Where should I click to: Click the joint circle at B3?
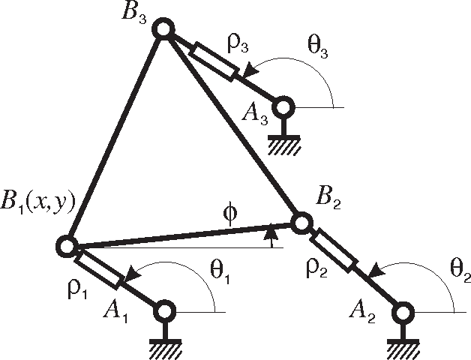click(x=164, y=30)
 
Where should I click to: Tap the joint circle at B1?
click(x=67, y=245)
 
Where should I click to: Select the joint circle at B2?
click(x=301, y=223)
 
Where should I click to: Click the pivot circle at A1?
click(x=165, y=309)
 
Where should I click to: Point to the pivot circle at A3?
click(x=283, y=107)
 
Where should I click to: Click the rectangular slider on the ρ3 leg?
click(x=214, y=61)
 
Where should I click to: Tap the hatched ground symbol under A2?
click(x=403, y=346)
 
